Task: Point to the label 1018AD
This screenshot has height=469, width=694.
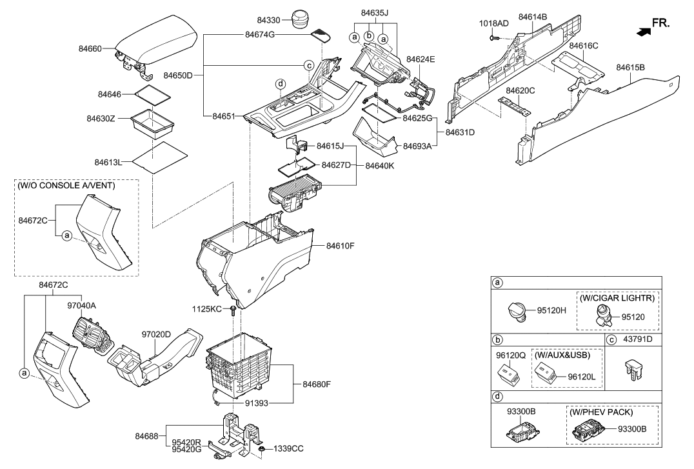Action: [493, 23]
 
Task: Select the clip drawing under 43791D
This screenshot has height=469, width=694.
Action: [631, 370]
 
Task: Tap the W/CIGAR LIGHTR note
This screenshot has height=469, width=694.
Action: [619, 298]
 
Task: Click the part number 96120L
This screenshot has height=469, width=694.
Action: [580, 375]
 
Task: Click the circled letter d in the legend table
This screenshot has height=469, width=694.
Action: [497, 395]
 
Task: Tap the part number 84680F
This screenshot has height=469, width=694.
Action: [317, 384]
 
